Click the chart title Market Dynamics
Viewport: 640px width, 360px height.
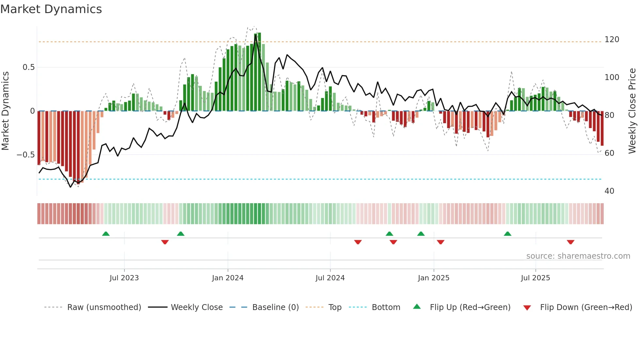coord(51,9)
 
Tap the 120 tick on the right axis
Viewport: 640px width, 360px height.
coord(612,40)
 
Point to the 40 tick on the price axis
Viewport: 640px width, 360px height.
coord(609,191)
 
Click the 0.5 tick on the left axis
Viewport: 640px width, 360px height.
coord(28,67)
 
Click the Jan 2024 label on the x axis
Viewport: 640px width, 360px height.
coord(228,278)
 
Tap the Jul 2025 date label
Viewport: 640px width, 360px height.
coord(535,278)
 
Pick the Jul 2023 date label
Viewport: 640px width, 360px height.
coord(124,278)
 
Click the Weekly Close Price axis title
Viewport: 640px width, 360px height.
coord(632,111)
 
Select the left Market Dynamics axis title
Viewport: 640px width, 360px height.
coord(5,111)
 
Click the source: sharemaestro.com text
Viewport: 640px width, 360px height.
coord(578,256)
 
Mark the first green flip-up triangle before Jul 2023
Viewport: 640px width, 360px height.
coord(106,234)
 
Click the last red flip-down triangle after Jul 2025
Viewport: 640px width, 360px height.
coord(570,242)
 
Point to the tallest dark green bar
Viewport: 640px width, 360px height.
coord(259,72)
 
